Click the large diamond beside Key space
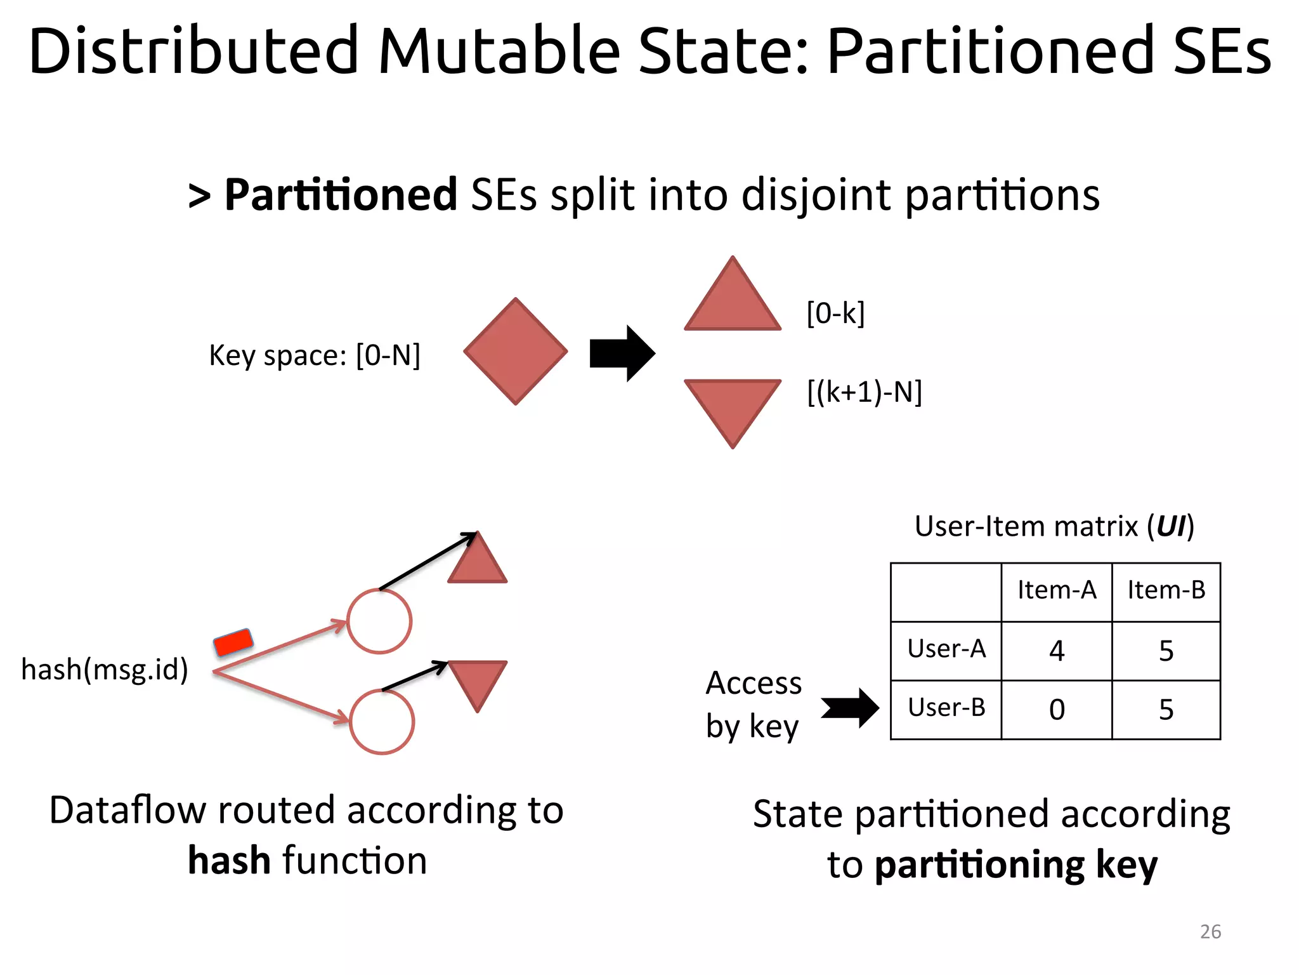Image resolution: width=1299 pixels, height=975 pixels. [x=515, y=351]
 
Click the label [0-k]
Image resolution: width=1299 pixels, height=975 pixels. [x=835, y=313]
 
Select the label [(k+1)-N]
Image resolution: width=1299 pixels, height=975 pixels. [x=865, y=392]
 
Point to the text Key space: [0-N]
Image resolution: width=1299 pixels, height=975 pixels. [x=315, y=355]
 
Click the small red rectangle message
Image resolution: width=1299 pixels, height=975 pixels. [x=233, y=642]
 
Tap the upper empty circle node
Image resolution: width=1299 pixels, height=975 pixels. [x=379, y=621]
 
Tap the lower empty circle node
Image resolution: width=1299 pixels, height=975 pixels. [x=382, y=722]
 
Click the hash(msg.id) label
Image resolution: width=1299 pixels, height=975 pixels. [x=105, y=670]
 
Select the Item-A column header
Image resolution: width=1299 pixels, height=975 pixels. [x=1057, y=590]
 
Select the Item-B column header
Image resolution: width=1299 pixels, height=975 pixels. [x=1166, y=590]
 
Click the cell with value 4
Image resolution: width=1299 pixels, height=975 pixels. [x=1057, y=651]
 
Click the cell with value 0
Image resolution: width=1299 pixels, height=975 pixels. [x=1057, y=710]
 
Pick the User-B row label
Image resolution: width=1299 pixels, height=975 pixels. [x=946, y=707]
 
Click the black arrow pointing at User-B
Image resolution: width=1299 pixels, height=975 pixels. [x=850, y=708]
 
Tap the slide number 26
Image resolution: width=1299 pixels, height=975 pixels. [x=1210, y=931]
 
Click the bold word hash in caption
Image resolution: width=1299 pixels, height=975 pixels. [x=229, y=861]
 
